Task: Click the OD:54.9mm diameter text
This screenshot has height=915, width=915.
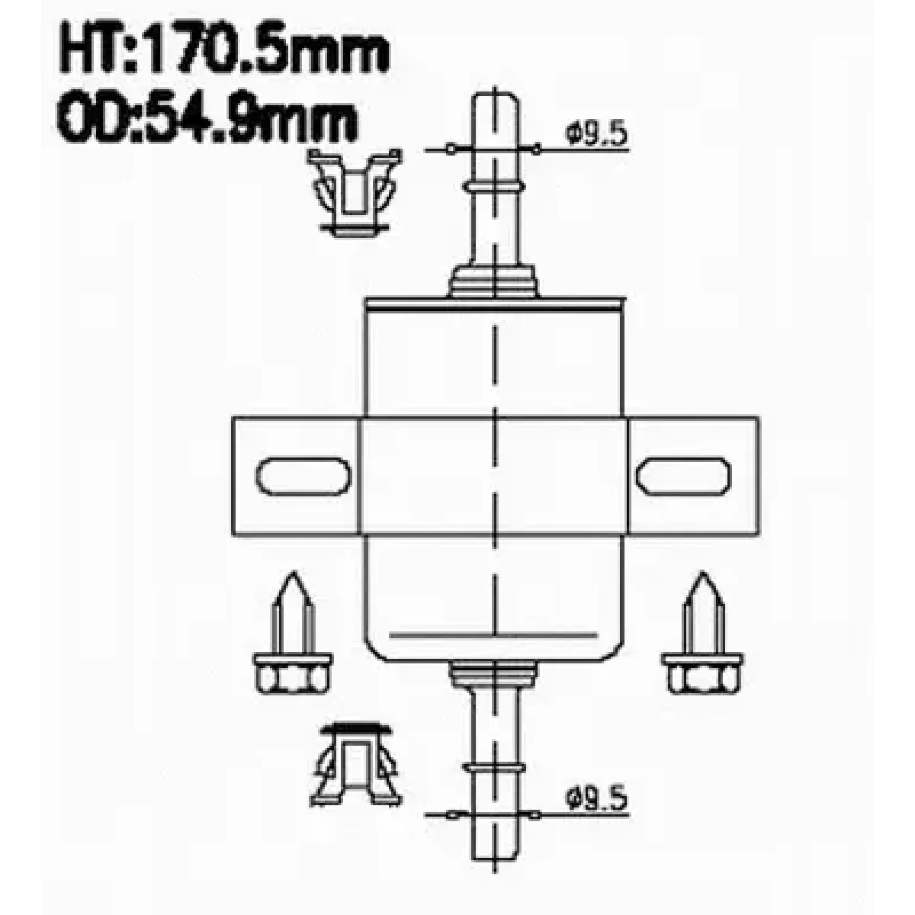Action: pos(207,117)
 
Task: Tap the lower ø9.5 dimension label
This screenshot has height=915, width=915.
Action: pos(596,800)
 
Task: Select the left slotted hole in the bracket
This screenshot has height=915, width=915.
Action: pos(304,477)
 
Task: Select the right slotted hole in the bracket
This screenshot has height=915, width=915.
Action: pos(684,477)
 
